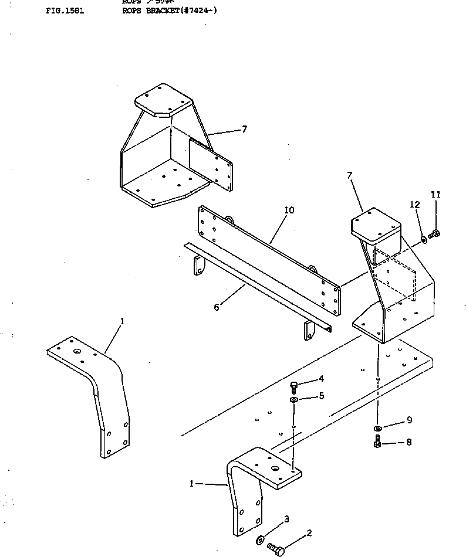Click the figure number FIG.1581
(65, 11)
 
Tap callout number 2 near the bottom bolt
(309, 533)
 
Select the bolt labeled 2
(276, 549)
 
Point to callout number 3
(286, 519)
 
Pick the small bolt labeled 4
(294, 385)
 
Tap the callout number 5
(321, 396)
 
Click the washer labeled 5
(294, 399)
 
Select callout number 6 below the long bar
(217, 307)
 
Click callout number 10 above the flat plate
(289, 210)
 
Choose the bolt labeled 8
(377, 444)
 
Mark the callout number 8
(408, 442)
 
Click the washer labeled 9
(378, 427)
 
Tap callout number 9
(408, 420)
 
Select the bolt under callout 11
(434, 234)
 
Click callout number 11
(435, 194)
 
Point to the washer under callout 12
(424, 239)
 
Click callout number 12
(415, 205)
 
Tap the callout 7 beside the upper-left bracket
(244, 129)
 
